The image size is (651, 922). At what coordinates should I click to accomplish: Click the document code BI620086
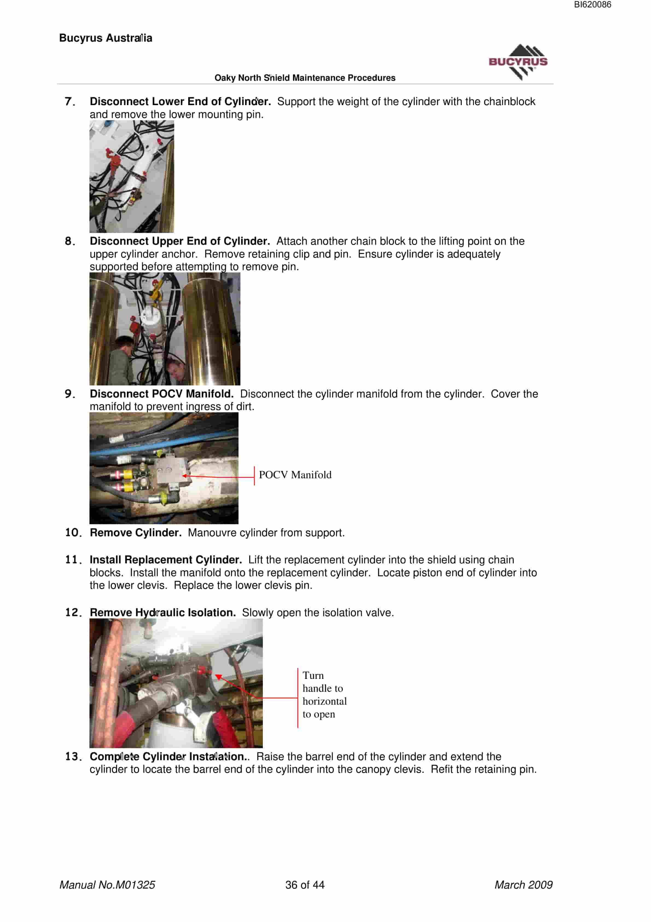tap(592, 5)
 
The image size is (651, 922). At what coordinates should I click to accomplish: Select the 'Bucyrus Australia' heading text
tap(106, 38)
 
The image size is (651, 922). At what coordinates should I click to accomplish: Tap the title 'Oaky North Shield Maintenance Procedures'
tap(305, 78)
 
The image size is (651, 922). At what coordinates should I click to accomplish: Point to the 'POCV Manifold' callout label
tap(295, 475)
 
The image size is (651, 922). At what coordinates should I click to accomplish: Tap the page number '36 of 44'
tap(305, 885)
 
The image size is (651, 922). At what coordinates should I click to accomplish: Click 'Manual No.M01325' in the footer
tap(107, 885)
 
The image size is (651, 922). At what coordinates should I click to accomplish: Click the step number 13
tap(74, 757)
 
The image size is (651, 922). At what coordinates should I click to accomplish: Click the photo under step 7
tap(132, 177)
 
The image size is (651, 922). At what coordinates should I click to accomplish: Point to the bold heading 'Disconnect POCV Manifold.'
tap(161, 394)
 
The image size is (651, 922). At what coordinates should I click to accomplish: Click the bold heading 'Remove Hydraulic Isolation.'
tap(162, 612)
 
